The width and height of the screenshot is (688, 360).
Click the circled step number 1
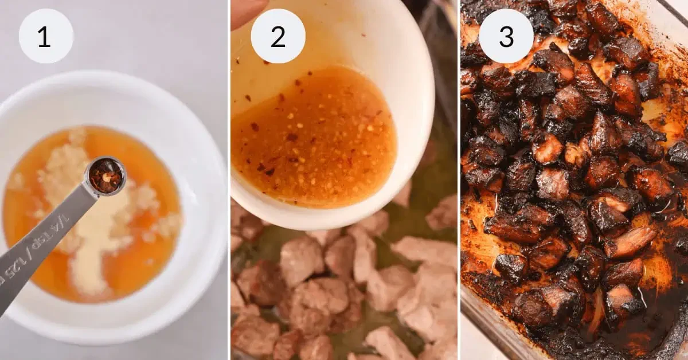pyautogui.click(x=46, y=36)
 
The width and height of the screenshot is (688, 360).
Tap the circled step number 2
pyautogui.click(x=277, y=36)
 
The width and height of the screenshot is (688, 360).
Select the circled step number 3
pyautogui.click(x=506, y=36)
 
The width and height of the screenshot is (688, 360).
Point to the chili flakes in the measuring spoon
pyautogui.click(x=106, y=175)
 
